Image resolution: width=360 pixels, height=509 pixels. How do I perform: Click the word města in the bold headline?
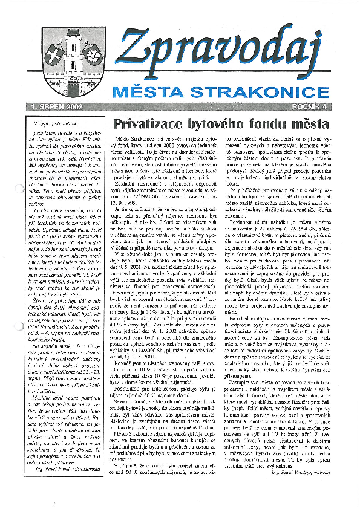click(314, 123)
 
